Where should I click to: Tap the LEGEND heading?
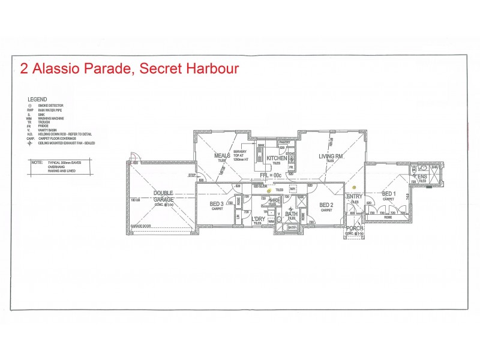[37, 99]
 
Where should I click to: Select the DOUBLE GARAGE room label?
[163, 196]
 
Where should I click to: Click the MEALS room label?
[223, 156]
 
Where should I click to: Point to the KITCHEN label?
[277, 158]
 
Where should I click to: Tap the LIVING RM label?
[331, 157]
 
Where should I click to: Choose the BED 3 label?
[217, 205]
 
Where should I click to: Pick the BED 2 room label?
[326, 205]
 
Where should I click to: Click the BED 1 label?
[389, 194]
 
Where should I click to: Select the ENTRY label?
[355, 196]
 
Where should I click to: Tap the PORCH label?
[354, 227]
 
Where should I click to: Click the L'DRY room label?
[258, 219]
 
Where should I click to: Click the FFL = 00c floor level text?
[270, 175]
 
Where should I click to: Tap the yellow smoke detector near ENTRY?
[355, 187]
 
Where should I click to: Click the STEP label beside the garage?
[192, 175]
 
